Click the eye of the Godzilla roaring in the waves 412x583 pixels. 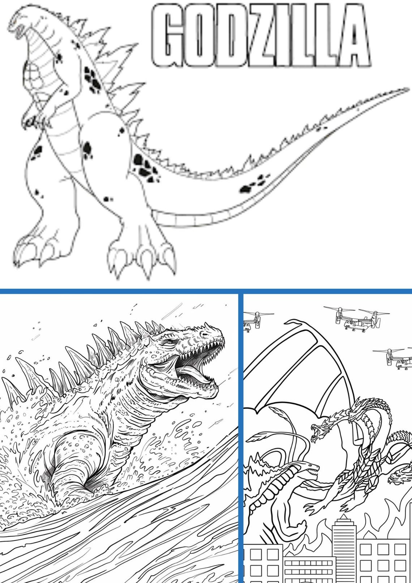tap(169, 342)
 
